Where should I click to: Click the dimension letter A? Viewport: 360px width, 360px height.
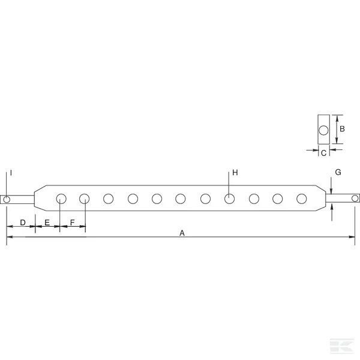pos(182,233)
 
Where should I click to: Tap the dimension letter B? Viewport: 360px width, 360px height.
pos(342,129)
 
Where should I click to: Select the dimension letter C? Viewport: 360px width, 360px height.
pos(324,153)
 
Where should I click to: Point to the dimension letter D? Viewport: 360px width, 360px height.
pos(23,223)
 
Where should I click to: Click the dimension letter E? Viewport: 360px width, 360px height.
pos(47,223)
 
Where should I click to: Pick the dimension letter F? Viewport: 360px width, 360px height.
pos(72,223)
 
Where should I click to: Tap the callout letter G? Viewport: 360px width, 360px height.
pos(338,172)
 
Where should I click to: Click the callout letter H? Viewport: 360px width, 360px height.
pos(235,172)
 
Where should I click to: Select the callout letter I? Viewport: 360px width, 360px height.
pos(11,173)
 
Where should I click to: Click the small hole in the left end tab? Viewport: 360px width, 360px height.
pos(7,199)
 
